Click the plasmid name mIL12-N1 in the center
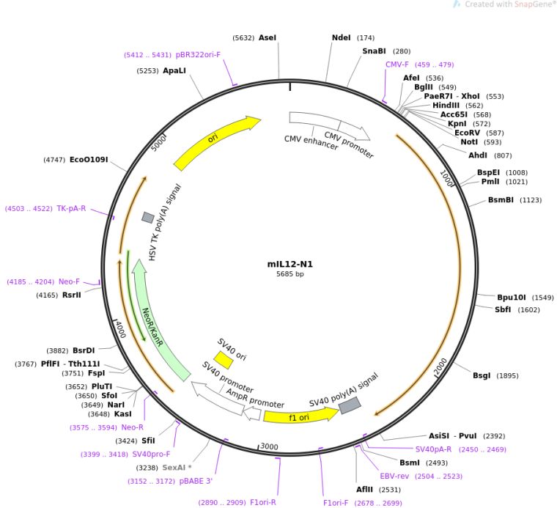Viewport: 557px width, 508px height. (x=284, y=264)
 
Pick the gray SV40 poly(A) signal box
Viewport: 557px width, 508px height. (x=349, y=405)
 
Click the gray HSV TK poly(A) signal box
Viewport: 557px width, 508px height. (x=148, y=218)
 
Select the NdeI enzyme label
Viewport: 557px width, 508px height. (x=342, y=37)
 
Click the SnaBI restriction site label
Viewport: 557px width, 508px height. (x=375, y=51)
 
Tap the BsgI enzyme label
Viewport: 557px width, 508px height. (x=482, y=376)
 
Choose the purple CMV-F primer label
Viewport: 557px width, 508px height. (x=397, y=65)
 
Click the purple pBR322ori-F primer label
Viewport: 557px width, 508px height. (x=198, y=54)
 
